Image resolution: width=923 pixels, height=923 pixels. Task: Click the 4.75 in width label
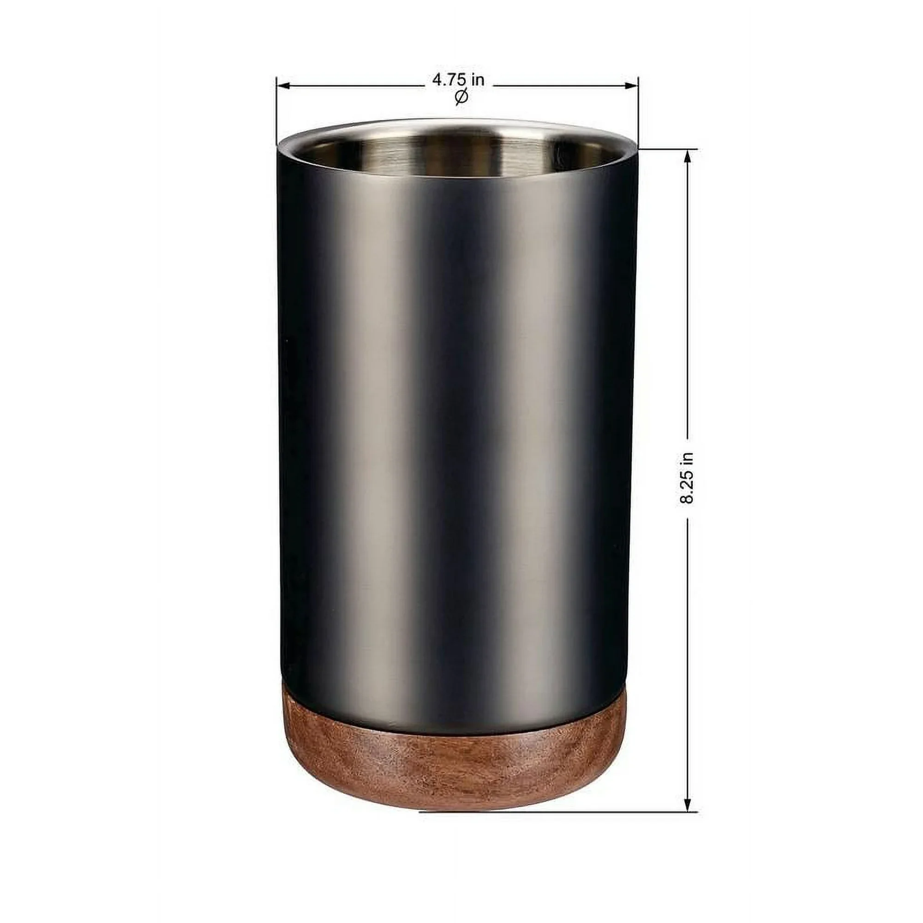click(458, 80)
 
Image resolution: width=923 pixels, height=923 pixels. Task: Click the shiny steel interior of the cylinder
click(459, 153)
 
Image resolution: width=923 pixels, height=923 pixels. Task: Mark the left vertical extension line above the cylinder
click(276, 110)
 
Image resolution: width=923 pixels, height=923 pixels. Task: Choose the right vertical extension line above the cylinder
click(638, 110)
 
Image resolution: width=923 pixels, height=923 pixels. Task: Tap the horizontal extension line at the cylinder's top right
click(669, 150)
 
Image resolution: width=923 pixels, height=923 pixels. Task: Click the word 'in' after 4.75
click(477, 80)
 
